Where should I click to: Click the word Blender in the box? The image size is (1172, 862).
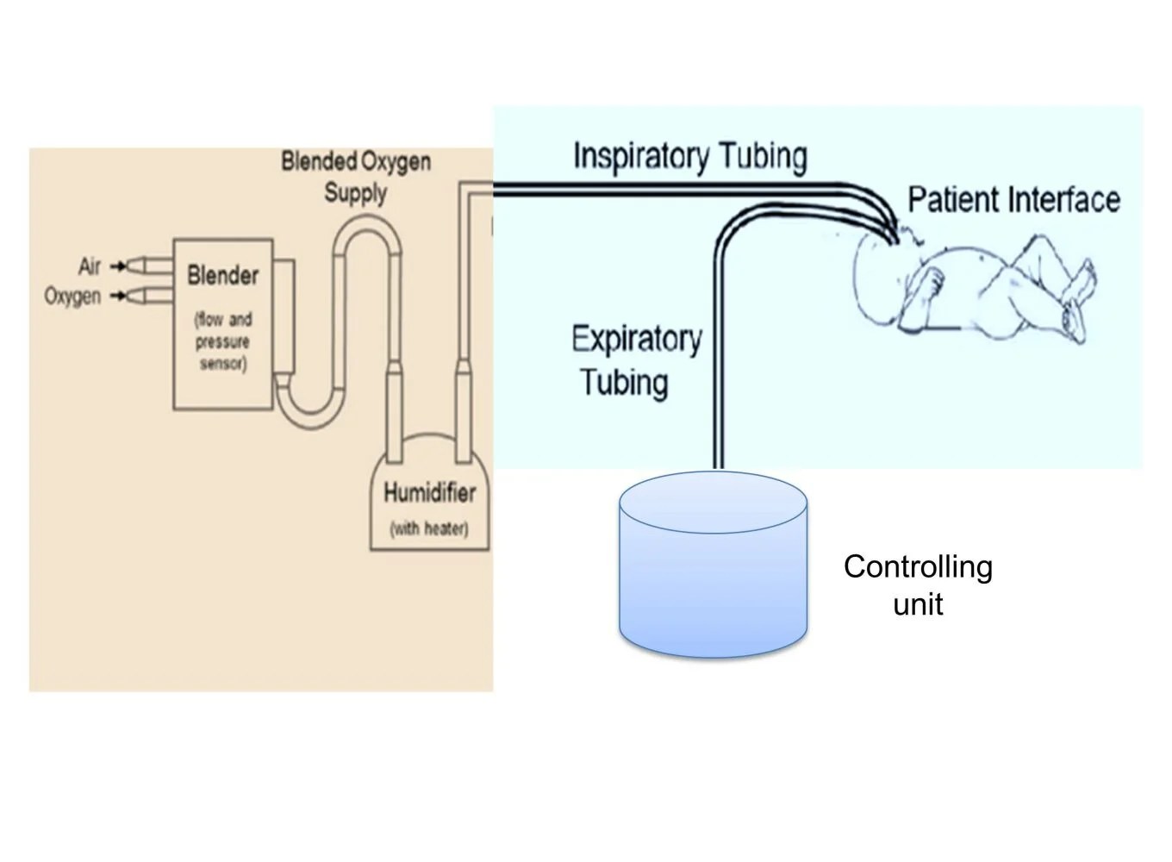(222, 276)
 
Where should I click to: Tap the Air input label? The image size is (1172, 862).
(90, 266)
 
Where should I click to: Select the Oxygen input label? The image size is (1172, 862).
(72, 297)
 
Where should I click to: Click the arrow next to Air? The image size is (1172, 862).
(117, 265)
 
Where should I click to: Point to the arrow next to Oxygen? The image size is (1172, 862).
(117, 297)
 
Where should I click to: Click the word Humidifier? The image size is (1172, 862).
(429, 493)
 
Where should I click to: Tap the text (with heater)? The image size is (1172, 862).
(429, 528)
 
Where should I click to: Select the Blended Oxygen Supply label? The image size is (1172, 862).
(356, 176)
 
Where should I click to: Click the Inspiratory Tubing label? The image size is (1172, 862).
(689, 156)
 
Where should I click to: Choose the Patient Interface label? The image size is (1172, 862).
(1013, 199)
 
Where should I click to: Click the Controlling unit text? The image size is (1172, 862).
(918, 584)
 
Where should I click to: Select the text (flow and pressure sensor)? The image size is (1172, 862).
(222, 341)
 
